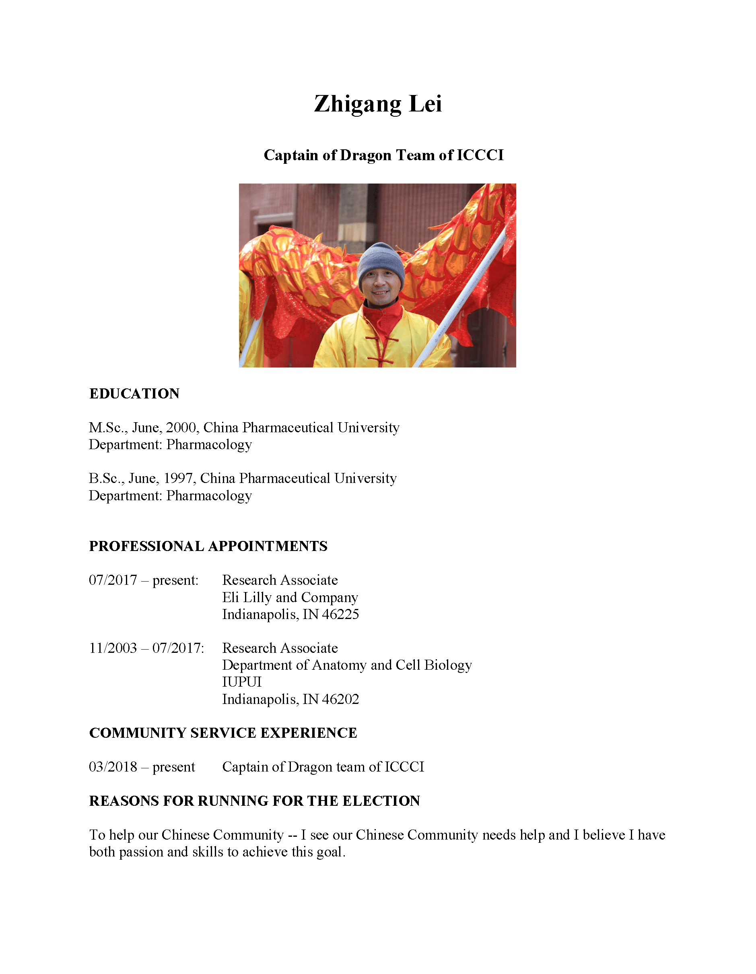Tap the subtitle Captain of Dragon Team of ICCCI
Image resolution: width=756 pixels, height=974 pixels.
(383, 155)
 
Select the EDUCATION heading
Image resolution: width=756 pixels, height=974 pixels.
(134, 394)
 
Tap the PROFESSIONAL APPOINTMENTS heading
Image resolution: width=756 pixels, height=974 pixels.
(208, 546)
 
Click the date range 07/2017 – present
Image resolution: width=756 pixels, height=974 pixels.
(144, 580)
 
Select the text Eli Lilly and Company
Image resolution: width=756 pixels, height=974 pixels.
(290, 598)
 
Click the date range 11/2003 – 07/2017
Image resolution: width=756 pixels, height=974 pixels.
(146, 648)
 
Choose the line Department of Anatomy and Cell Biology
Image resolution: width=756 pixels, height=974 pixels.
(347, 665)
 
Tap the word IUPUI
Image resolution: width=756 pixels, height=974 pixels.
(241, 682)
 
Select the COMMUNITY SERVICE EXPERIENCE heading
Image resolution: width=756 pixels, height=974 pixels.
(223, 733)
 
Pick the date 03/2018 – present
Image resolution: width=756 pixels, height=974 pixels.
(142, 767)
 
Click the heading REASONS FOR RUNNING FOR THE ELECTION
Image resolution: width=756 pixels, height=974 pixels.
(255, 801)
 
